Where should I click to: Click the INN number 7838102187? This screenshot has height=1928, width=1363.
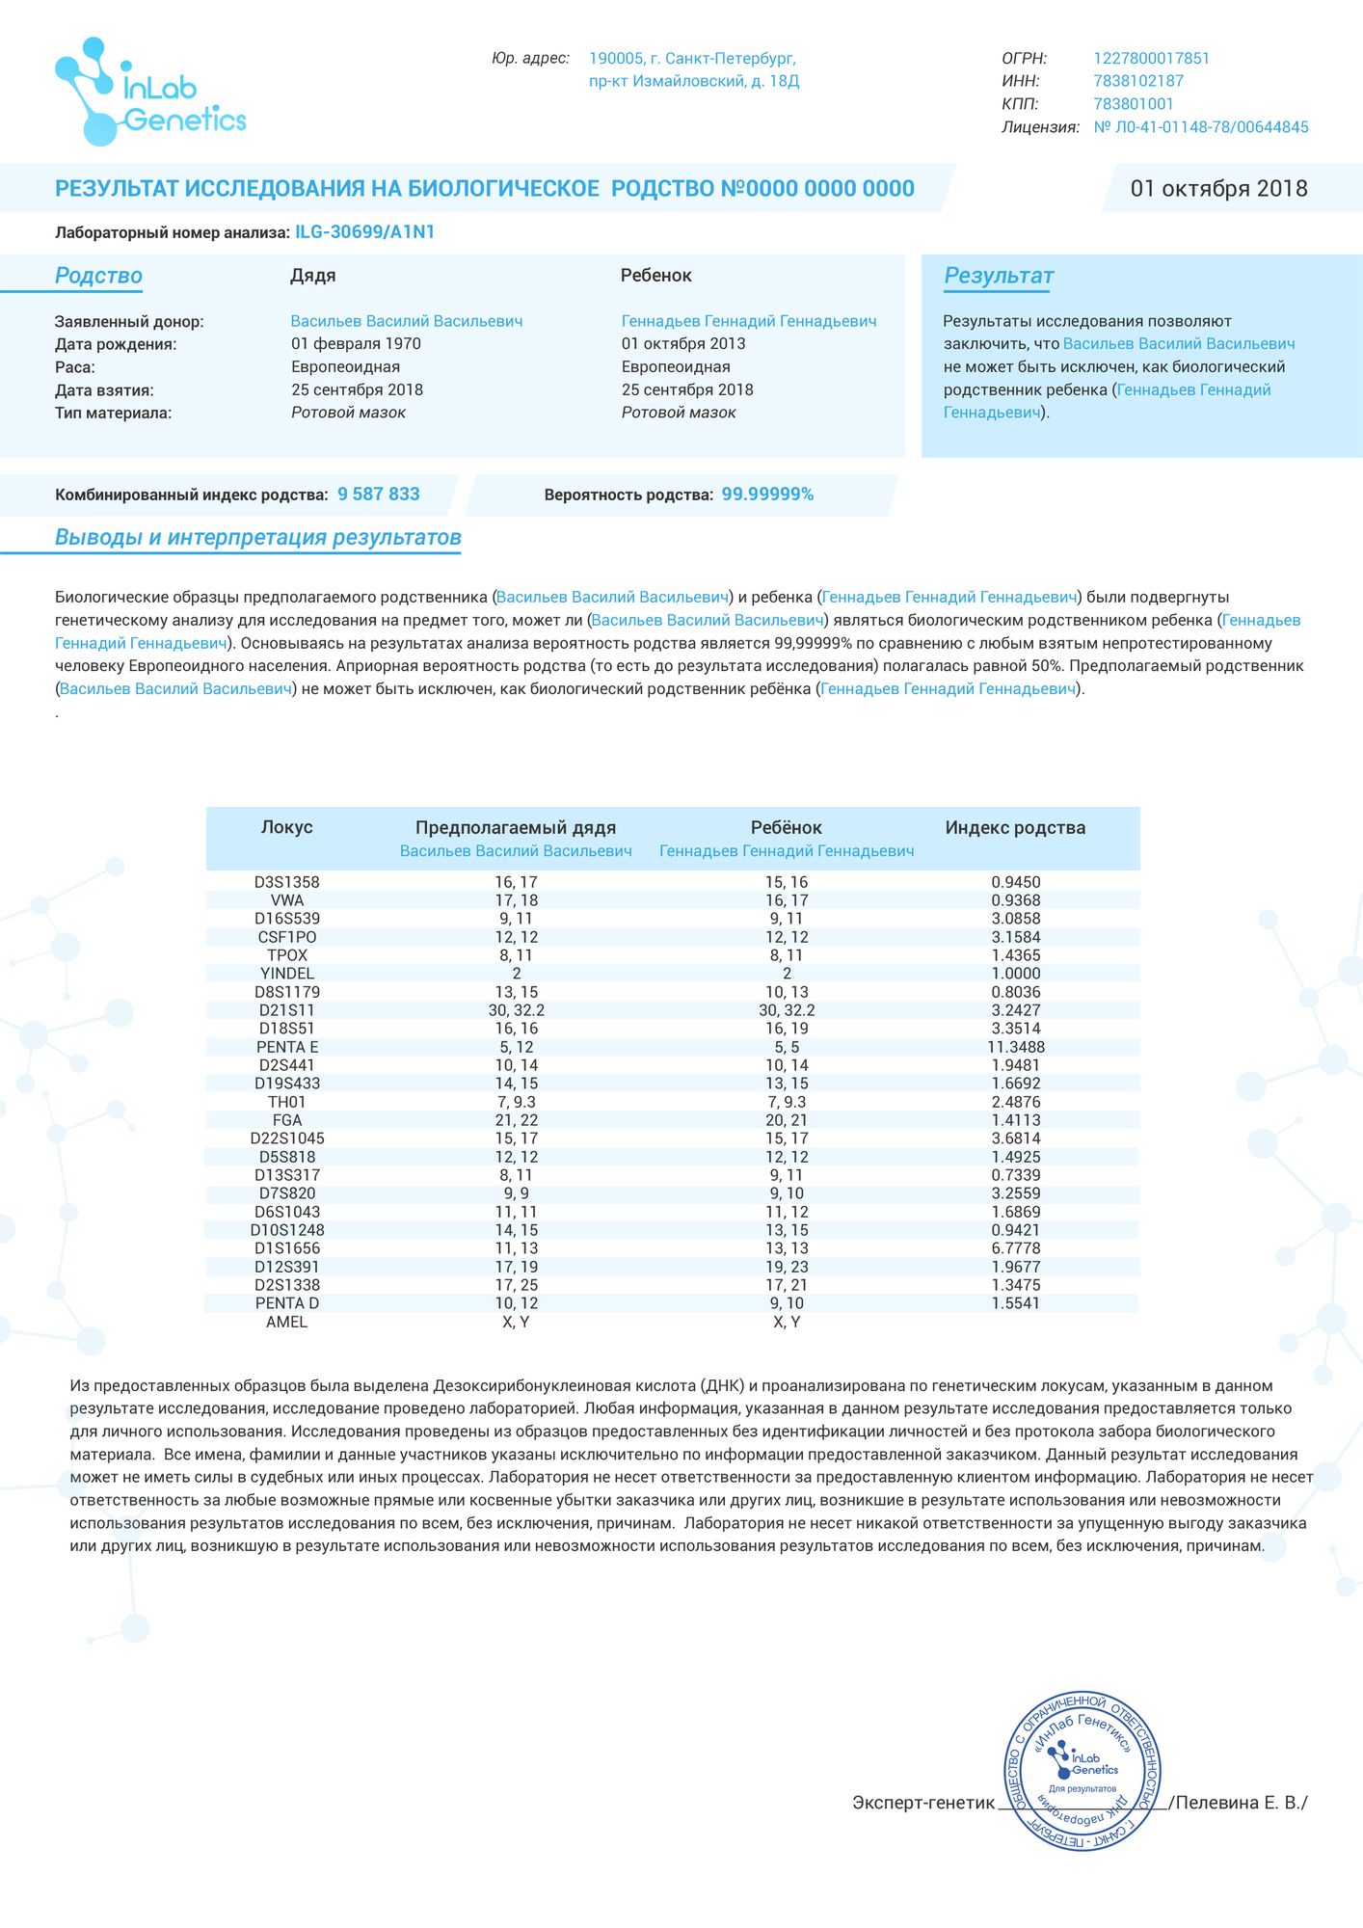pos(1137,81)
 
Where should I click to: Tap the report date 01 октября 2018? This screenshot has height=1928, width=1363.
pos(1218,189)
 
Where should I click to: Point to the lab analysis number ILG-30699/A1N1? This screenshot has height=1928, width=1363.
pos(364,232)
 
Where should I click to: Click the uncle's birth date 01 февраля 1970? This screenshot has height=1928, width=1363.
pos(356,344)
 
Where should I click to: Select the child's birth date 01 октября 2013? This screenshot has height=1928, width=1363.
pos(682,344)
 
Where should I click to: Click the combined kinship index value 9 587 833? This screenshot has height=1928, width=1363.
pos(378,495)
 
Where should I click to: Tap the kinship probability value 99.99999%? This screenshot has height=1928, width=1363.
pos(767,495)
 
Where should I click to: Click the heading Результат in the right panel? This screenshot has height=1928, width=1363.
pos(998,277)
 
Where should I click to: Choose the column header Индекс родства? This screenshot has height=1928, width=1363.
pos(1015,828)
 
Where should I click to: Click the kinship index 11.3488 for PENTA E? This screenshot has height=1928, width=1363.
pos(1015,1047)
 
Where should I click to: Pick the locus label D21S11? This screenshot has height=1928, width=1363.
pos(286,1010)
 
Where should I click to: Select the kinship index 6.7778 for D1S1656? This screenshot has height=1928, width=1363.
pos(1015,1248)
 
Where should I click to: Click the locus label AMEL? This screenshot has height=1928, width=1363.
pos(286,1322)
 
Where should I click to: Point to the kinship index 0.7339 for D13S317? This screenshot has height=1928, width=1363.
pos(1015,1175)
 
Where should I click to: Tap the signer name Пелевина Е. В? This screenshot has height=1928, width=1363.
pos(1240,1803)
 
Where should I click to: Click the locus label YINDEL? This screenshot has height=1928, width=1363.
pos(286,974)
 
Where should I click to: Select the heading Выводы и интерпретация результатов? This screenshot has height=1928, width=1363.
pos(257,538)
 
